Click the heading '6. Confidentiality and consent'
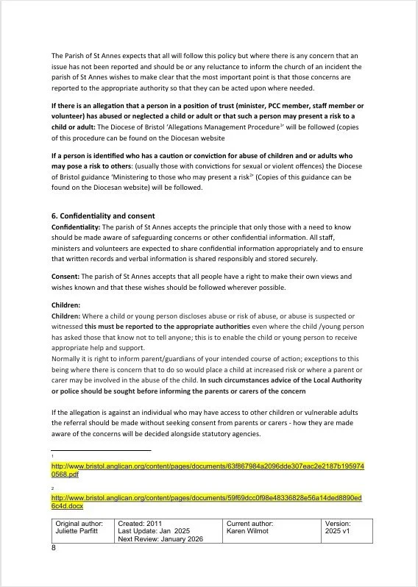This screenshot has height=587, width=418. [x=103, y=216]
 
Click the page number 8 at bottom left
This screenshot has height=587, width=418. [x=54, y=548]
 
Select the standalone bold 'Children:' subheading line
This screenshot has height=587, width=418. [x=65, y=305]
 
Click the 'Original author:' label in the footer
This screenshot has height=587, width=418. [x=79, y=523]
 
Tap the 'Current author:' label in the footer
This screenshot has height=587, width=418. [x=251, y=523]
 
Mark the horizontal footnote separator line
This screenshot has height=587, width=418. [x=101, y=450]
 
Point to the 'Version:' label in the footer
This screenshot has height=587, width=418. [x=339, y=523]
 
